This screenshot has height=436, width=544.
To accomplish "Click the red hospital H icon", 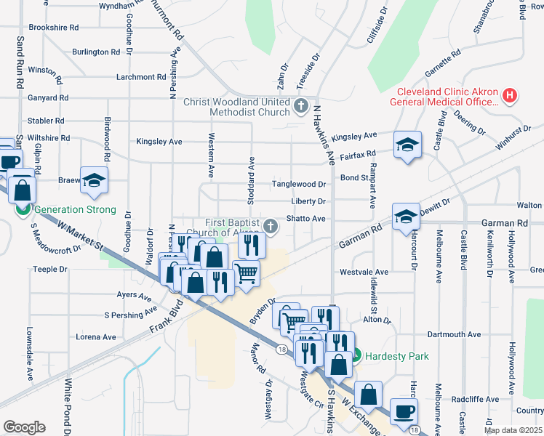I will tap(510, 95).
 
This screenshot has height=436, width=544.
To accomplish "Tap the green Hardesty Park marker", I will tap(356, 356).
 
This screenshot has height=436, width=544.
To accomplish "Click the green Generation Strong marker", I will tap(23, 210).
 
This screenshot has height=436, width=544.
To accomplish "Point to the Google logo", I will tap(24, 427).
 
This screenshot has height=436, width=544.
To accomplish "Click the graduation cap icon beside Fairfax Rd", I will tap(408, 145).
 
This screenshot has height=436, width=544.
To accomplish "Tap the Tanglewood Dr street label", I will tap(298, 185).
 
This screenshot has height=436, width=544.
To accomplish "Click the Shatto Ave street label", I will tap(307, 218).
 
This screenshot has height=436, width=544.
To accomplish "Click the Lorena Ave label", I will tap(95, 337).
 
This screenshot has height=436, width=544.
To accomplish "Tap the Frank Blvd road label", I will tap(164, 318).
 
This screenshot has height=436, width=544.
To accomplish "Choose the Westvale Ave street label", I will tap(364, 272).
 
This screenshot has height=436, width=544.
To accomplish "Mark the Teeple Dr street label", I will tap(50, 269).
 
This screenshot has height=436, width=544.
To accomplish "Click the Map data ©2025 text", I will tap(513, 430).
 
